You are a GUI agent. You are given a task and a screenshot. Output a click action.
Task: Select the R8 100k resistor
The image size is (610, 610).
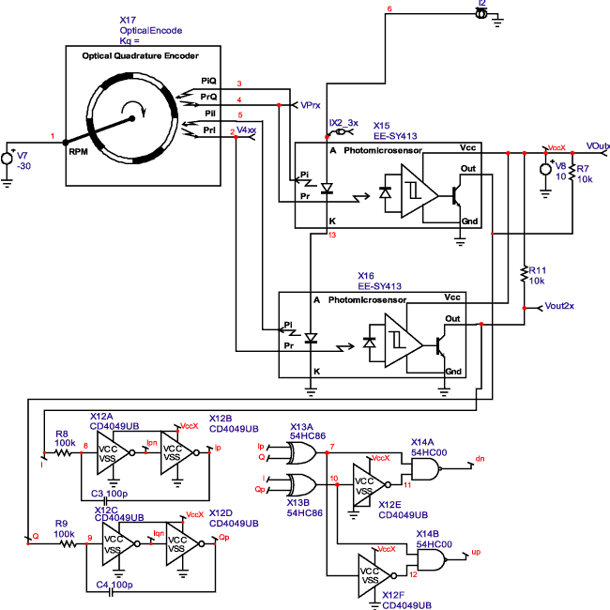coord(63,451)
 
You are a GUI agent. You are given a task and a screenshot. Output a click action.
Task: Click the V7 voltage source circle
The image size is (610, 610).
coord(9,159)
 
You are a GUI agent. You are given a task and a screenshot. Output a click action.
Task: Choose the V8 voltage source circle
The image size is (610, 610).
coord(547,170)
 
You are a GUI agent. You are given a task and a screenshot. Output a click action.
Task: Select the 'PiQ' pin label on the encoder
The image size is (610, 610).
coord(208,82)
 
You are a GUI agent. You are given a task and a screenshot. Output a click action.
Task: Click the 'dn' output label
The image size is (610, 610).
coord(480,459)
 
